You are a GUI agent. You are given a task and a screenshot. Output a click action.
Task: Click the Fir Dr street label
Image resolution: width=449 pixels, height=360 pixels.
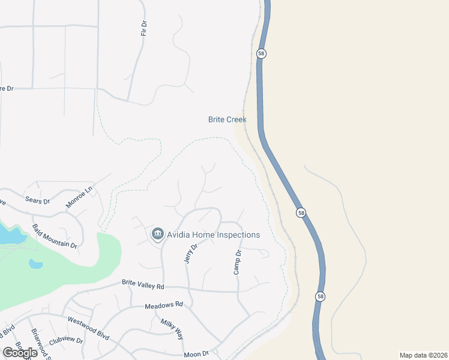143,28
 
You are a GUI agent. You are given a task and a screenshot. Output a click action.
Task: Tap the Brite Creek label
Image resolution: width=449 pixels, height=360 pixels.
227,119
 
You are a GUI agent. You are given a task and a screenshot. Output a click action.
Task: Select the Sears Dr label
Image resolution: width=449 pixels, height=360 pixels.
37,200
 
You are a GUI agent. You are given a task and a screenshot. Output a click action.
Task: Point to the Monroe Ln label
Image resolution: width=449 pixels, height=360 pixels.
80,197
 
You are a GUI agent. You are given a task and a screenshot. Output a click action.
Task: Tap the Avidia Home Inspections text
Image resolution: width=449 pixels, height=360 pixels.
213,235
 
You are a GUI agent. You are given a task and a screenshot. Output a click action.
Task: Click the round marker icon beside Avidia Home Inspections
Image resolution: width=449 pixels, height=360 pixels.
158,233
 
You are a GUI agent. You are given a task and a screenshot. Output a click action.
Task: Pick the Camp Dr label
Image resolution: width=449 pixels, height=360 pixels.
238,263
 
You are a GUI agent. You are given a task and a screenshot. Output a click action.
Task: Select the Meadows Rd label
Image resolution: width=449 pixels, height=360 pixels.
163,305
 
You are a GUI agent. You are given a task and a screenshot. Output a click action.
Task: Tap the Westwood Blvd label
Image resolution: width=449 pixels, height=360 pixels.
88,328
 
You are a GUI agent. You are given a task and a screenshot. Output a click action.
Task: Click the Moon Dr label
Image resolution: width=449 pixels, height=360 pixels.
196,353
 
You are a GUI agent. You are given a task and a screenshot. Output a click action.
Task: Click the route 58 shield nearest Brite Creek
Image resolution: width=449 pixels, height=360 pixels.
261,53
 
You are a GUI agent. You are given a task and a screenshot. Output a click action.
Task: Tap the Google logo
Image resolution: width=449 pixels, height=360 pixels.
20,352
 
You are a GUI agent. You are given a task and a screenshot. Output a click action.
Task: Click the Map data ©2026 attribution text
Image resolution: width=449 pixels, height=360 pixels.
423,355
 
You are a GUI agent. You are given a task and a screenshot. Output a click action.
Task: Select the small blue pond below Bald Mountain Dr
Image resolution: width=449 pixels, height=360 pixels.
35,263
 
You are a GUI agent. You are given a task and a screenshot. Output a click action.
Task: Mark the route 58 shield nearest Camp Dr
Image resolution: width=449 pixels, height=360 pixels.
301,212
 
